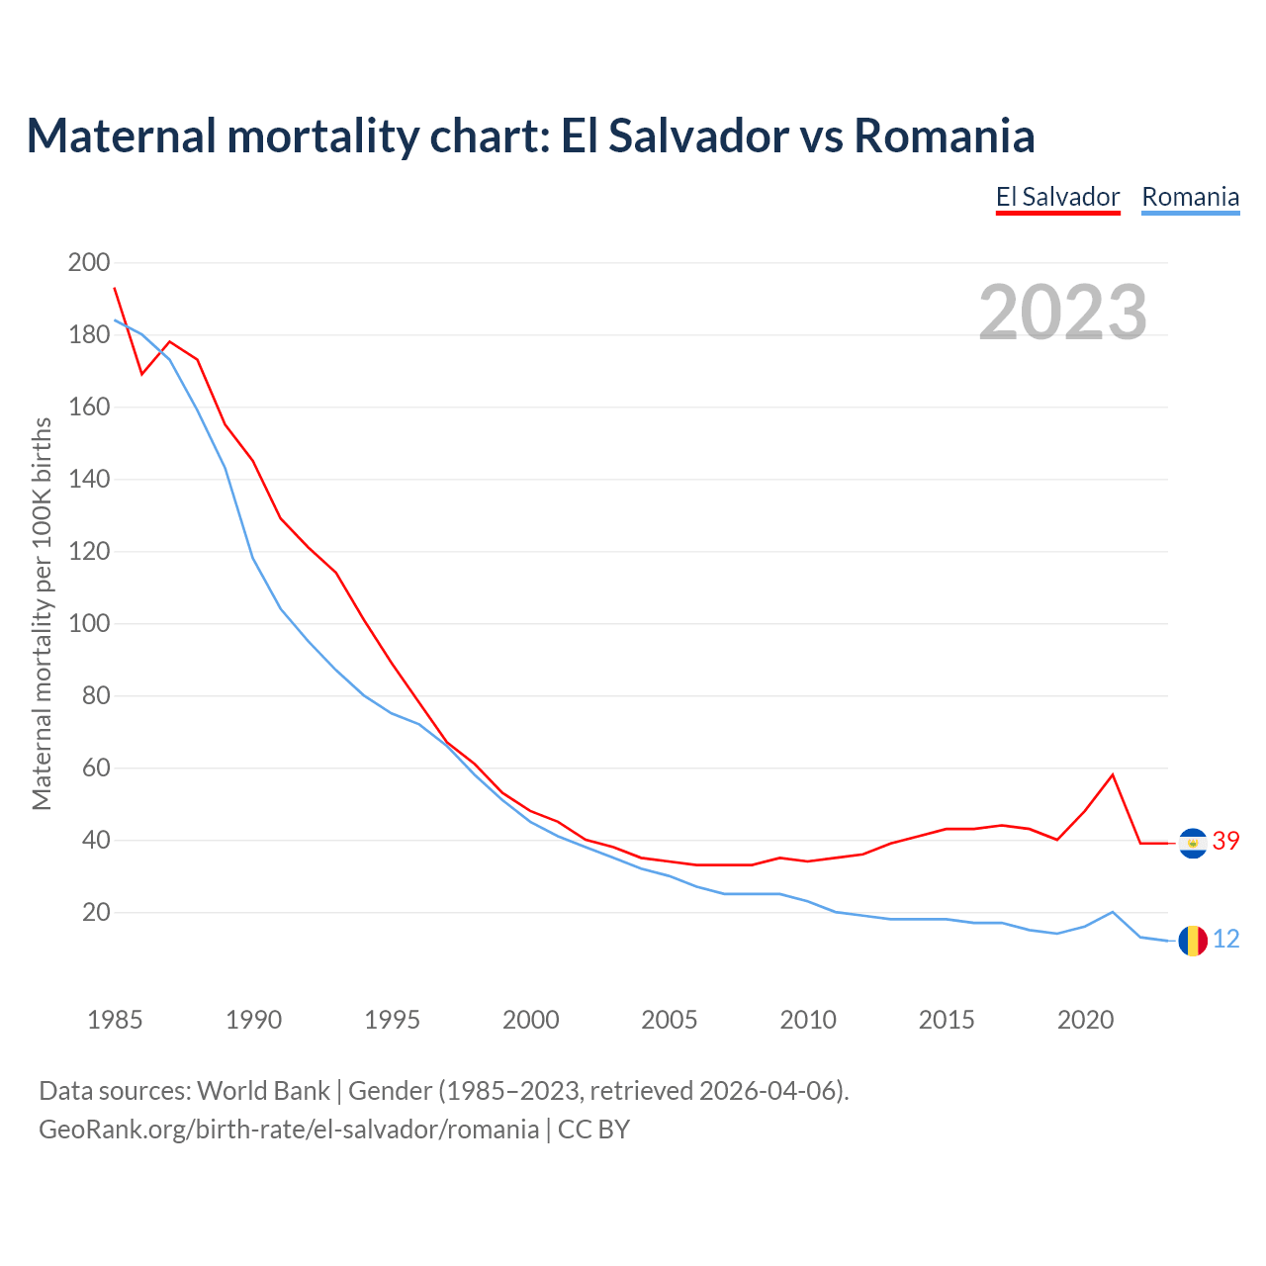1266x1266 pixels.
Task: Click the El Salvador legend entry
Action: coord(1057,197)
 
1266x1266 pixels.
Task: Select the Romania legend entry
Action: coord(1190,197)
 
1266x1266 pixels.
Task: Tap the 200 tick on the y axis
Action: coord(89,263)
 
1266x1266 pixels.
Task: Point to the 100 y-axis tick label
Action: coord(89,624)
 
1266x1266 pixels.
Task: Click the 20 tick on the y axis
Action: coord(96,913)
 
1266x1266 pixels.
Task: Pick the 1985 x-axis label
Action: coord(115,1020)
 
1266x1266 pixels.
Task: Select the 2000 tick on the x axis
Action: coord(531,1020)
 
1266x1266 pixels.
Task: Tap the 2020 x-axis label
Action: coord(1086,1020)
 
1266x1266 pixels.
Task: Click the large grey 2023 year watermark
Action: coord(1063,313)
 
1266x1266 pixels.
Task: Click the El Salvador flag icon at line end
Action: coord(1193,843)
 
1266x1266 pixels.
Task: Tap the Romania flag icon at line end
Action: coord(1193,941)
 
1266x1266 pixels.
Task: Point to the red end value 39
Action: coord(1225,842)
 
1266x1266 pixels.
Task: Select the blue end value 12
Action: coord(1225,940)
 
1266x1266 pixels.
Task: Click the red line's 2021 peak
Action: coord(1113,774)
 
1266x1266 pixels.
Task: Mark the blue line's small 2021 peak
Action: coord(1113,912)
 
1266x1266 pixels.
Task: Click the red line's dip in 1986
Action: coord(142,374)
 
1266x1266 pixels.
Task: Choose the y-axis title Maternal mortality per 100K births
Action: coord(42,613)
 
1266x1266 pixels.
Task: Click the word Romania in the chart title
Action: coord(945,136)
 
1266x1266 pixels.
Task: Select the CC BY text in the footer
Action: coord(593,1130)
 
